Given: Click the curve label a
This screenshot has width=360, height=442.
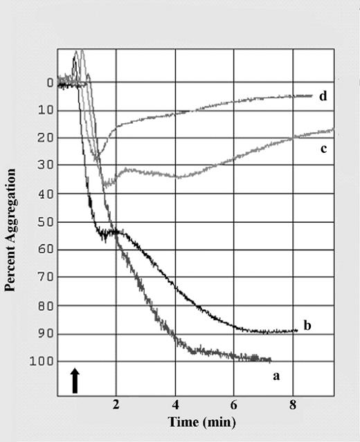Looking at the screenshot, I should point(276,377).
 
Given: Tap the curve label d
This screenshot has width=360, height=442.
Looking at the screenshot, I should point(323,96).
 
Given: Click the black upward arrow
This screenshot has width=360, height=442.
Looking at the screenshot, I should point(75,380).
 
